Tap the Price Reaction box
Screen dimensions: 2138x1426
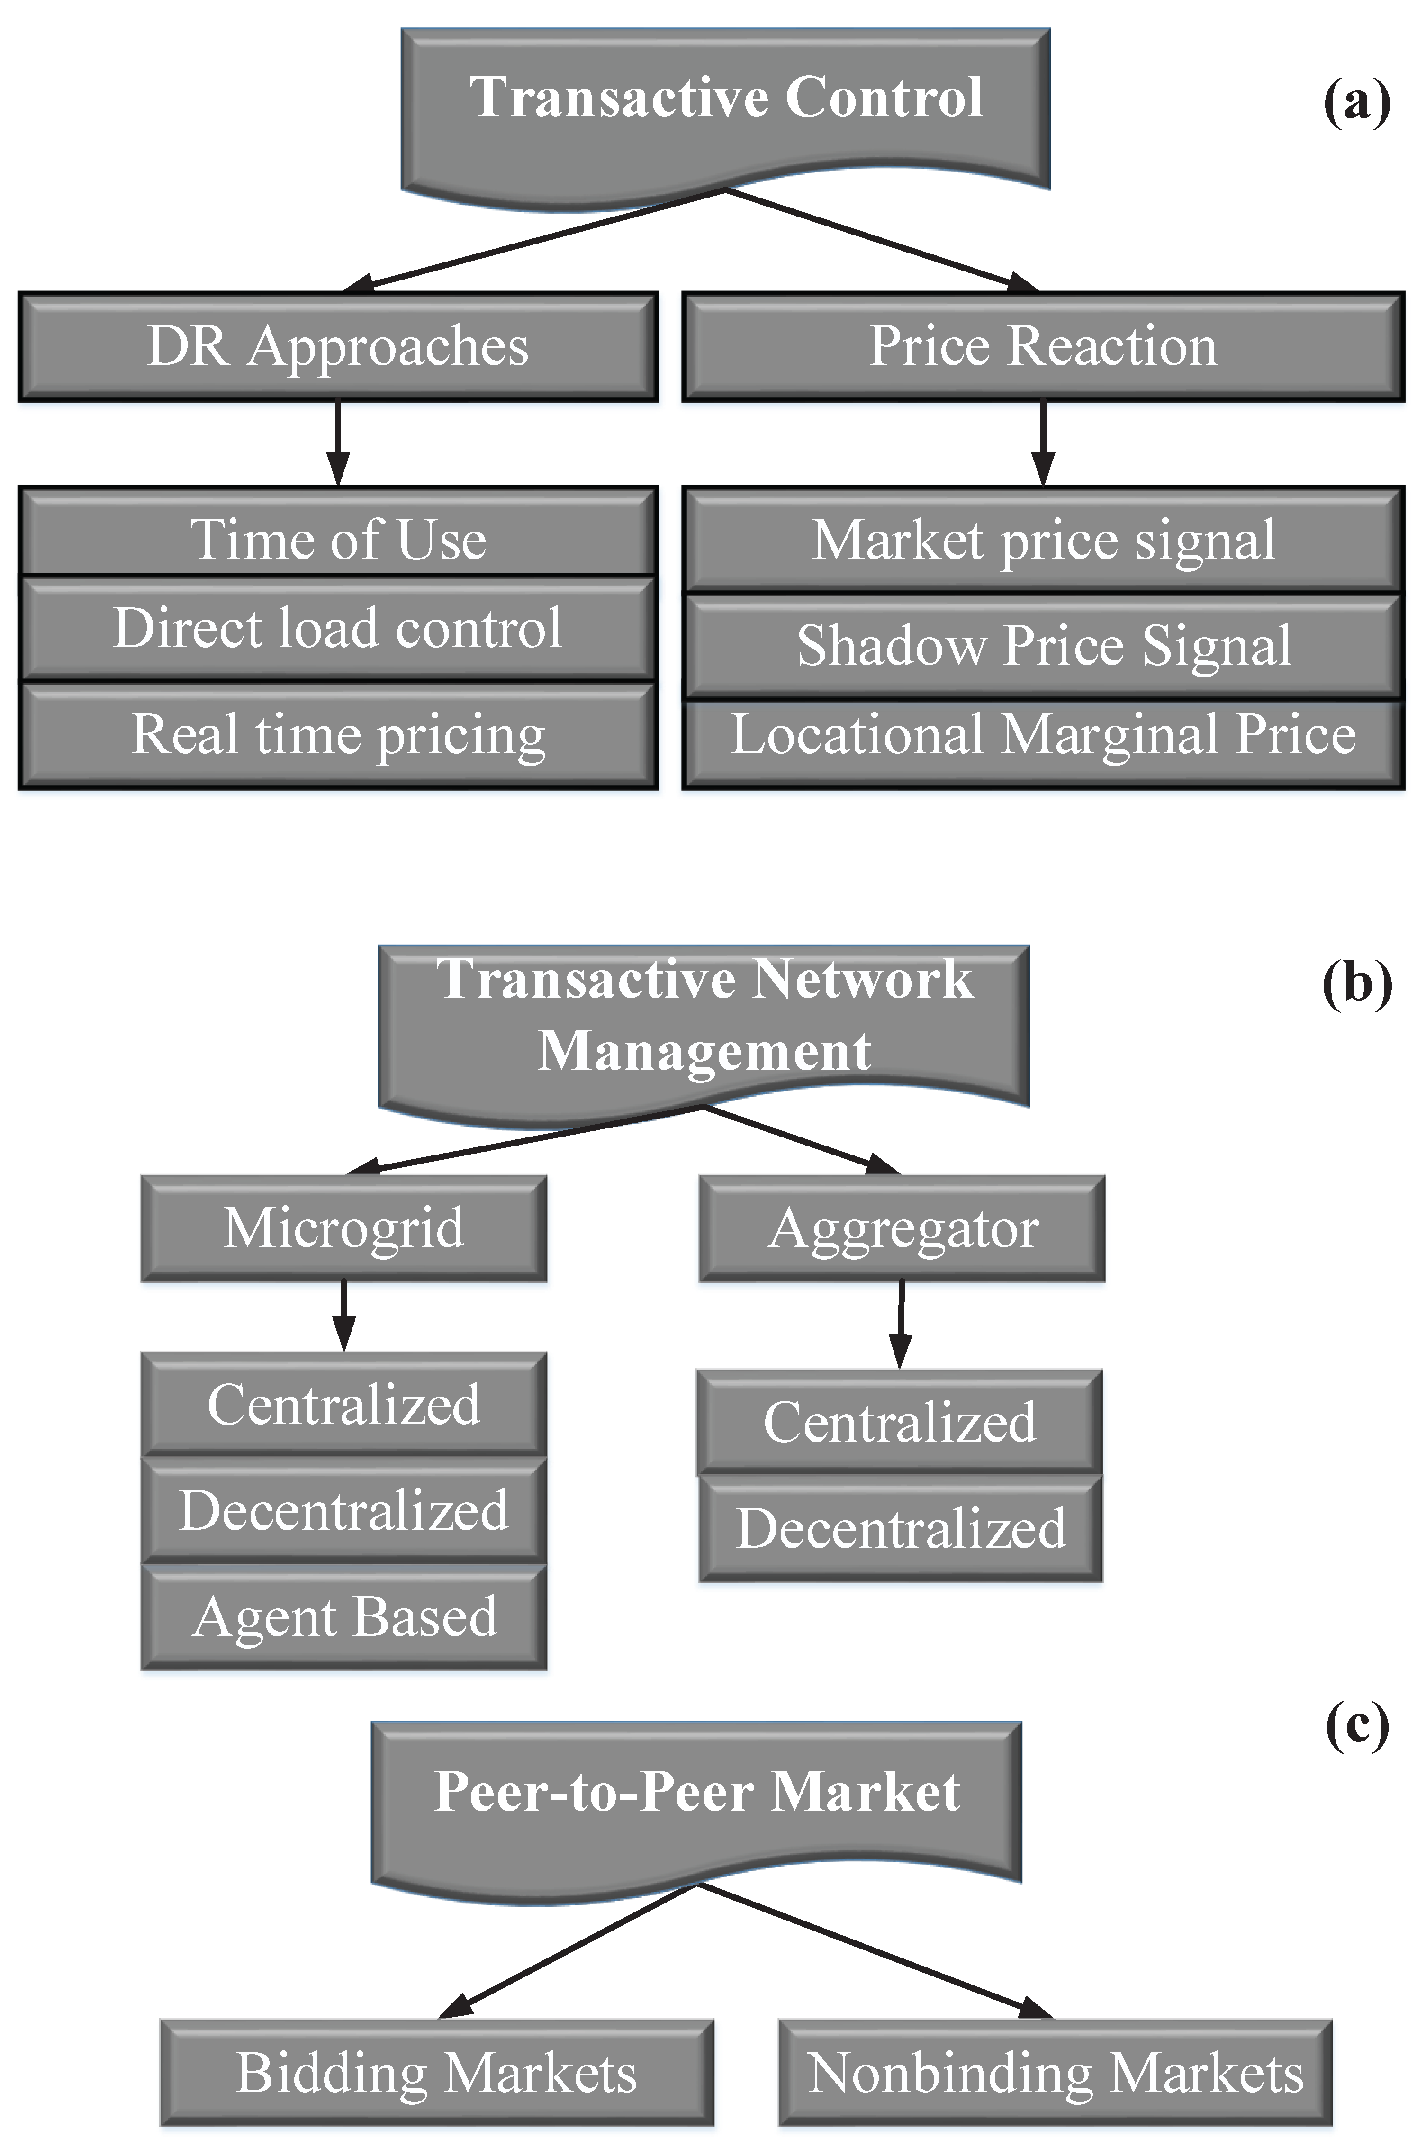click(1043, 346)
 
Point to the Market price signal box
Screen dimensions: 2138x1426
click(1043, 540)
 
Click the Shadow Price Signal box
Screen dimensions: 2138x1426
click(1043, 645)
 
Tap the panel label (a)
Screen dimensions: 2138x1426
click(1356, 101)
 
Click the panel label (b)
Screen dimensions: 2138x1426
click(1356, 983)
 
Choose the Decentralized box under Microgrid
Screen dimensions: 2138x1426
click(344, 1510)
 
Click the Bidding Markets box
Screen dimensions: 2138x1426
click(436, 2073)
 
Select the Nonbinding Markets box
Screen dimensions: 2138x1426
click(1055, 2073)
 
